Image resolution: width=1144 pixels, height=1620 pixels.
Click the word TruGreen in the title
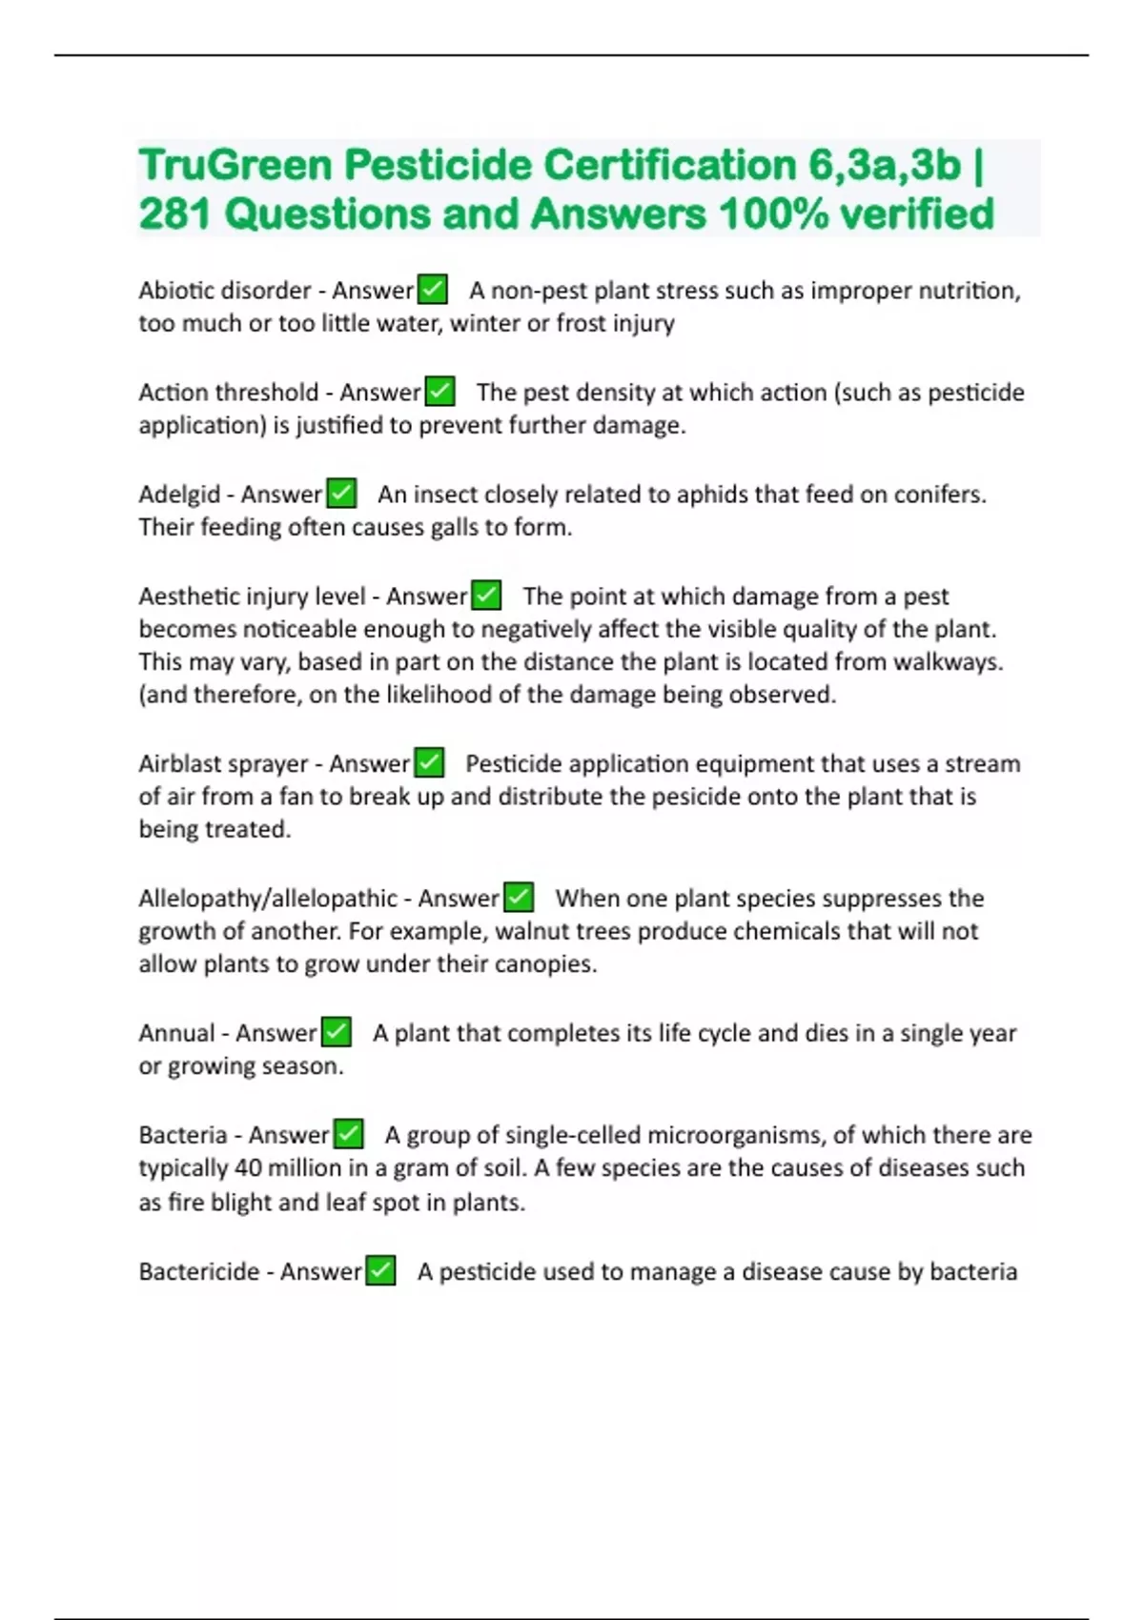(x=235, y=165)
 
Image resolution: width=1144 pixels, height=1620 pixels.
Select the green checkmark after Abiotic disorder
(x=433, y=289)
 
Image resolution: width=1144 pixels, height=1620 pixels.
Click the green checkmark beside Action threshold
(x=439, y=392)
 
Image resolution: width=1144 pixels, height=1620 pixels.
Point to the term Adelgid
(x=179, y=495)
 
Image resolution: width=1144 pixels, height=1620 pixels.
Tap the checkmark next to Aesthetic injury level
(x=486, y=596)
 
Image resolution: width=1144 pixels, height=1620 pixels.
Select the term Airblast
(x=181, y=764)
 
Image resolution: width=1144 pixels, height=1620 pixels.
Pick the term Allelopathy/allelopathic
(x=268, y=899)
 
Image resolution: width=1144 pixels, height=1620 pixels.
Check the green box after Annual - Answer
(x=337, y=1032)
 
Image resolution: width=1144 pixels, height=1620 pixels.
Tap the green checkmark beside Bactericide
(x=380, y=1271)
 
